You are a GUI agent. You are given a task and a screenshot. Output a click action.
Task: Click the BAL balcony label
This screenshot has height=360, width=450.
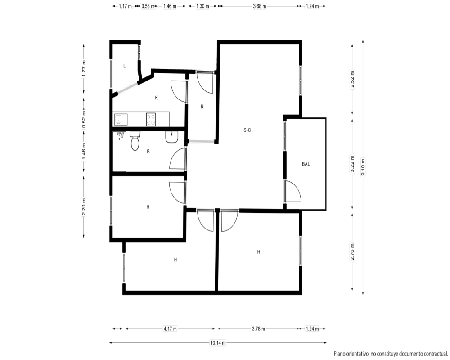pyautogui.click(x=306, y=164)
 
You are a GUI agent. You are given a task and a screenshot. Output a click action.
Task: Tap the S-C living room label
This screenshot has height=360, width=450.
pyautogui.click(x=247, y=130)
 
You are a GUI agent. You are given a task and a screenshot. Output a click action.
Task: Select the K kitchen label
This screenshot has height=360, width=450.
pyautogui.click(x=157, y=98)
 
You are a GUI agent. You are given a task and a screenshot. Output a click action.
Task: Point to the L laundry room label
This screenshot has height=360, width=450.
pyautogui.click(x=124, y=66)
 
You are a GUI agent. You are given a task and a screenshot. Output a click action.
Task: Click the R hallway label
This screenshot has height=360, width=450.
pyautogui.click(x=202, y=107)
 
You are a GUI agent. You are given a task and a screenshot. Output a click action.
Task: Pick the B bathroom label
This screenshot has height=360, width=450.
pyautogui.click(x=148, y=151)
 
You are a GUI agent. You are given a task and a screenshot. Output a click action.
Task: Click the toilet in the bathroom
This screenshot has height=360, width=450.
pyautogui.click(x=135, y=141)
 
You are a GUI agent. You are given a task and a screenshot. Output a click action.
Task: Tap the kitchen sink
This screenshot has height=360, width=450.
pyautogui.click(x=121, y=119)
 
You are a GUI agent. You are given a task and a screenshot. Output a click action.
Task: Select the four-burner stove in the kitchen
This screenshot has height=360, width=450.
pyautogui.click(x=151, y=119)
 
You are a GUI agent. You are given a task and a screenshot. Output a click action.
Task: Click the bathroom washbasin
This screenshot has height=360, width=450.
pyautogui.click(x=171, y=137)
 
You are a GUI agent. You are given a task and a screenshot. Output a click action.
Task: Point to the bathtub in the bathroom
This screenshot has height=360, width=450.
pyautogui.click(x=119, y=152)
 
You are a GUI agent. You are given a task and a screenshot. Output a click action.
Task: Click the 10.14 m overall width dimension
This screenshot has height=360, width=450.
pyautogui.click(x=218, y=342)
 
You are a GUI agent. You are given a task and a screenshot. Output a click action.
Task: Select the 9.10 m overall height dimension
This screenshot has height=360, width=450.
pyautogui.click(x=363, y=167)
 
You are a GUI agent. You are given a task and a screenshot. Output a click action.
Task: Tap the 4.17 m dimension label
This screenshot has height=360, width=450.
pyautogui.click(x=170, y=328)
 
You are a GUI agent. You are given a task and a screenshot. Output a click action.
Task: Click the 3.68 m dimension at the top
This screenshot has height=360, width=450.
pyautogui.click(x=260, y=6)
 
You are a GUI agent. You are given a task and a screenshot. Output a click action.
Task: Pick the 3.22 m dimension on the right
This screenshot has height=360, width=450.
pyautogui.click(x=352, y=164)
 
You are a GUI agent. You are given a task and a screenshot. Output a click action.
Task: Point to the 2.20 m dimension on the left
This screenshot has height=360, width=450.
pyautogui.click(x=84, y=207)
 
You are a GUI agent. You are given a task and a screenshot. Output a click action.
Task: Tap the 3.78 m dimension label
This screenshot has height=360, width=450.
pyautogui.click(x=259, y=328)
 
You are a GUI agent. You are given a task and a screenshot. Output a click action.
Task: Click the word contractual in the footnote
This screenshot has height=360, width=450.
pyautogui.click(x=436, y=353)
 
